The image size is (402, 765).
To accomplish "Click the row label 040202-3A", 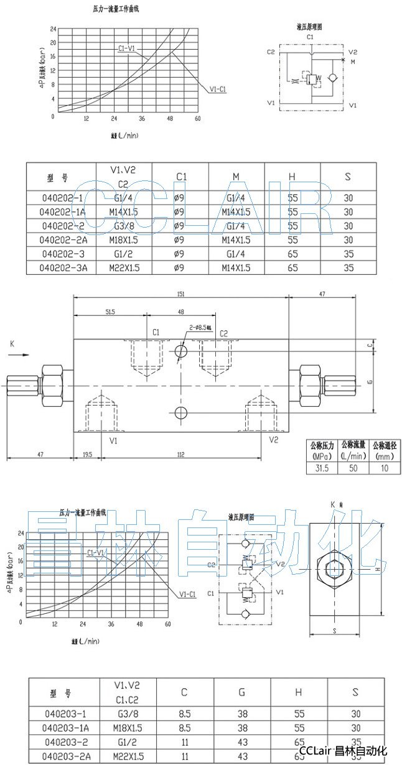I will point(63,268).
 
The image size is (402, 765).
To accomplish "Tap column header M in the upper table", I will point(236,177).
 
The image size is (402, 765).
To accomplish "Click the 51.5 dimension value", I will point(110,312).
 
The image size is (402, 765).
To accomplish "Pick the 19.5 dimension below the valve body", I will point(86,455).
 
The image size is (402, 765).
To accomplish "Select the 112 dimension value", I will point(180,455).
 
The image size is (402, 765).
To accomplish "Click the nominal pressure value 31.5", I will point(322,468).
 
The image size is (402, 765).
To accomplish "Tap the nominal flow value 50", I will point(353,468).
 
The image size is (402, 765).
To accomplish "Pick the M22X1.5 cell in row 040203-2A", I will point(127,756).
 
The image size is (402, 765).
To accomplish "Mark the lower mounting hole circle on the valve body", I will point(181,412).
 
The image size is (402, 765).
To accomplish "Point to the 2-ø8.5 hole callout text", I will point(201,328).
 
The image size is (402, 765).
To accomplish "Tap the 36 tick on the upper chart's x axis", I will point(142,119).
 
